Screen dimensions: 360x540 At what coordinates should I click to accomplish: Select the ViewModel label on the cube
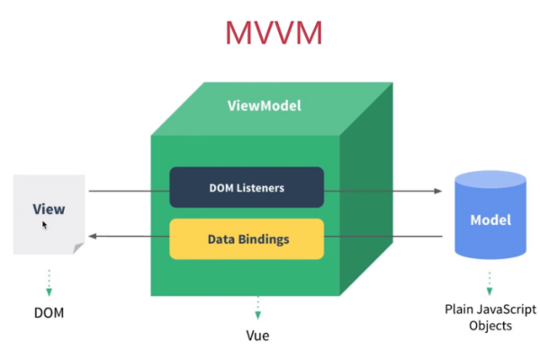pos(264,105)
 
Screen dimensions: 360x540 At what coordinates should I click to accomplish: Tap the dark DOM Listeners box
pos(247,188)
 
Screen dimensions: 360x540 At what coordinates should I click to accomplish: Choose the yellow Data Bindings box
pos(247,239)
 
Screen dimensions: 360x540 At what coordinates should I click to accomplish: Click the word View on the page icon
pos(49,210)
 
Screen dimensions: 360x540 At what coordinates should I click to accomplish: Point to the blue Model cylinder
pos(490,216)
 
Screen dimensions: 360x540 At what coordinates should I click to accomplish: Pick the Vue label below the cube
pos(257,335)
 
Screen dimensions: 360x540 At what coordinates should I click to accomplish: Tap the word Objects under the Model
pos(490,326)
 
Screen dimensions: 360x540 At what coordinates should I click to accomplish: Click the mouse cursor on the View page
pos(45,224)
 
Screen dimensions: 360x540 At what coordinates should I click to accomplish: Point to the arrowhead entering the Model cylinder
pos(439,192)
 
